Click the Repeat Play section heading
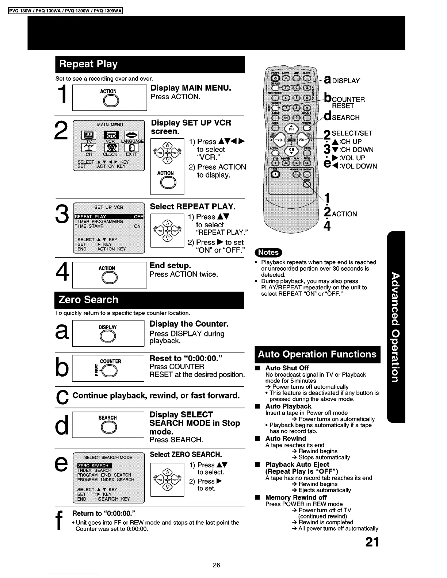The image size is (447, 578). pyautogui.click(x=88, y=64)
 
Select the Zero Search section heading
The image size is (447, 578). pyautogui.click(x=88, y=300)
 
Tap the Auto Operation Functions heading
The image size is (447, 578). pyautogui.click(x=317, y=354)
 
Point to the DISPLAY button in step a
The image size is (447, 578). pyautogui.click(x=107, y=337)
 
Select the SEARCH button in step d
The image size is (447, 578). pyautogui.click(x=108, y=427)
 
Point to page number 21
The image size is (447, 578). pyautogui.click(x=372, y=542)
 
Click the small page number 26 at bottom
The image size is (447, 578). pyautogui.click(x=217, y=565)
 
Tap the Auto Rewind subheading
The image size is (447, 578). pyautogui.click(x=286, y=439)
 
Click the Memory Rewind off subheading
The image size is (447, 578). pyautogui.click(x=296, y=497)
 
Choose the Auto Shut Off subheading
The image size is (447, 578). pyautogui.click(x=287, y=368)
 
